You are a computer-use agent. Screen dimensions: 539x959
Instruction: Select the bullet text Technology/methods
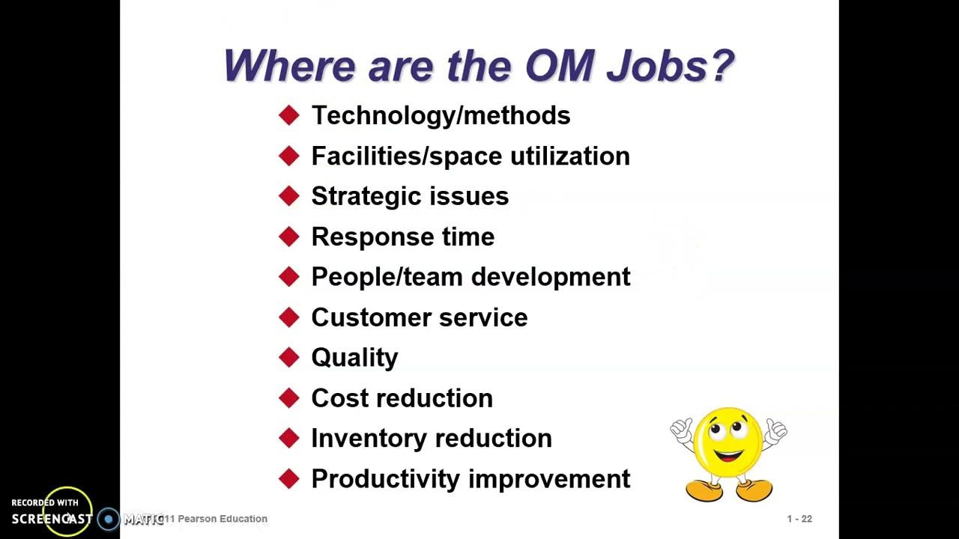tap(441, 115)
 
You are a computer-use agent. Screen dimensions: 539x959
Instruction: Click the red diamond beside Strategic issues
tap(288, 196)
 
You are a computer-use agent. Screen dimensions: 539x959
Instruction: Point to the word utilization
tap(570, 156)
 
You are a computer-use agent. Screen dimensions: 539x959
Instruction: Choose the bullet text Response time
tap(402, 237)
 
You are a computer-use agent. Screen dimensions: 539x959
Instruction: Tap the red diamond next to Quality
tap(288, 358)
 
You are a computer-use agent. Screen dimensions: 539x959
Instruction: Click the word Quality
tap(354, 359)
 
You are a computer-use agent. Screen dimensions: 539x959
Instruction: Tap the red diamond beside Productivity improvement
tap(288, 479)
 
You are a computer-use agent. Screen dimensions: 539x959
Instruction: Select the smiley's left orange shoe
tap(704, 490)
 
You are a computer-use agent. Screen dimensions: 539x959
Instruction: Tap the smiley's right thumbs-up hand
tap(776, 430)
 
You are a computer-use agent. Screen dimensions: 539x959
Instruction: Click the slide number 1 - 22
tap(799, 519)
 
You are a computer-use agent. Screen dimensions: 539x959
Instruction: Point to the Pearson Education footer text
tap(222, 519)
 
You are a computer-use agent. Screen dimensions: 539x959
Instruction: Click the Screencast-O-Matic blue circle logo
tap(109, 519)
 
